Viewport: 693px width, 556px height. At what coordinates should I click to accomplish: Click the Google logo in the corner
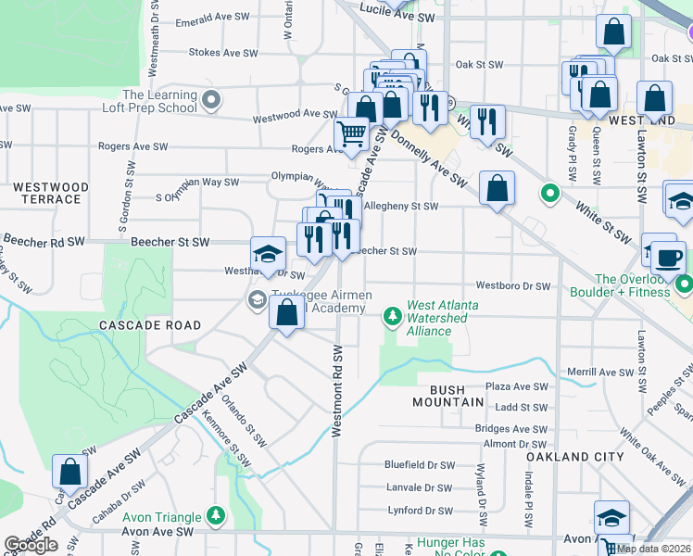pyautogui.click(x=31, y=545)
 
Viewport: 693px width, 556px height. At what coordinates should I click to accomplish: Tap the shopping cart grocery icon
pyautogui.click(x=351, y=134)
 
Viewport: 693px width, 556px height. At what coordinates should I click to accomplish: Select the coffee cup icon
pyautogui.click(x=667, y=257)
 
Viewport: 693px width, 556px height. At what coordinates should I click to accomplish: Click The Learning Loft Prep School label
pyautogui.click(x=159, y=101)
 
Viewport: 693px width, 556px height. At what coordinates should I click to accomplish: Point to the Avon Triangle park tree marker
pyautogui.click(x=216, y=515)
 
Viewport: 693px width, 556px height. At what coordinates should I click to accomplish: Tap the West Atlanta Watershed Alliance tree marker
pyautogui.click(x=393, y=317)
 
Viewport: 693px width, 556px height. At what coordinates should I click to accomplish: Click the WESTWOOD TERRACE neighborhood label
pyautogui.click(x=51, y=193)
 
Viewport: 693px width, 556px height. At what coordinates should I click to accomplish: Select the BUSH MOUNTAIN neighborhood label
pyautogui.click(x=443, y=402)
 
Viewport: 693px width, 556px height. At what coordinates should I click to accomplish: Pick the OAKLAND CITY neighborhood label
pyautogui.click(x=570, y=457)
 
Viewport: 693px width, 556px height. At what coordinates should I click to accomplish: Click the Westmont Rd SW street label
pyautogui.click(x=337, y=391)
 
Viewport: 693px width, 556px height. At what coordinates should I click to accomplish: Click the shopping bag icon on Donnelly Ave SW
pyautogui.click(x=498, y=188)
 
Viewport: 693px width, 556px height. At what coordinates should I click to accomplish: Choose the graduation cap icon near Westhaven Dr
pyautogui.click(x=268, y=253)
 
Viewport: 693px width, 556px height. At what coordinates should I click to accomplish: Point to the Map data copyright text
pyautogui.click(x=653, y=548)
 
